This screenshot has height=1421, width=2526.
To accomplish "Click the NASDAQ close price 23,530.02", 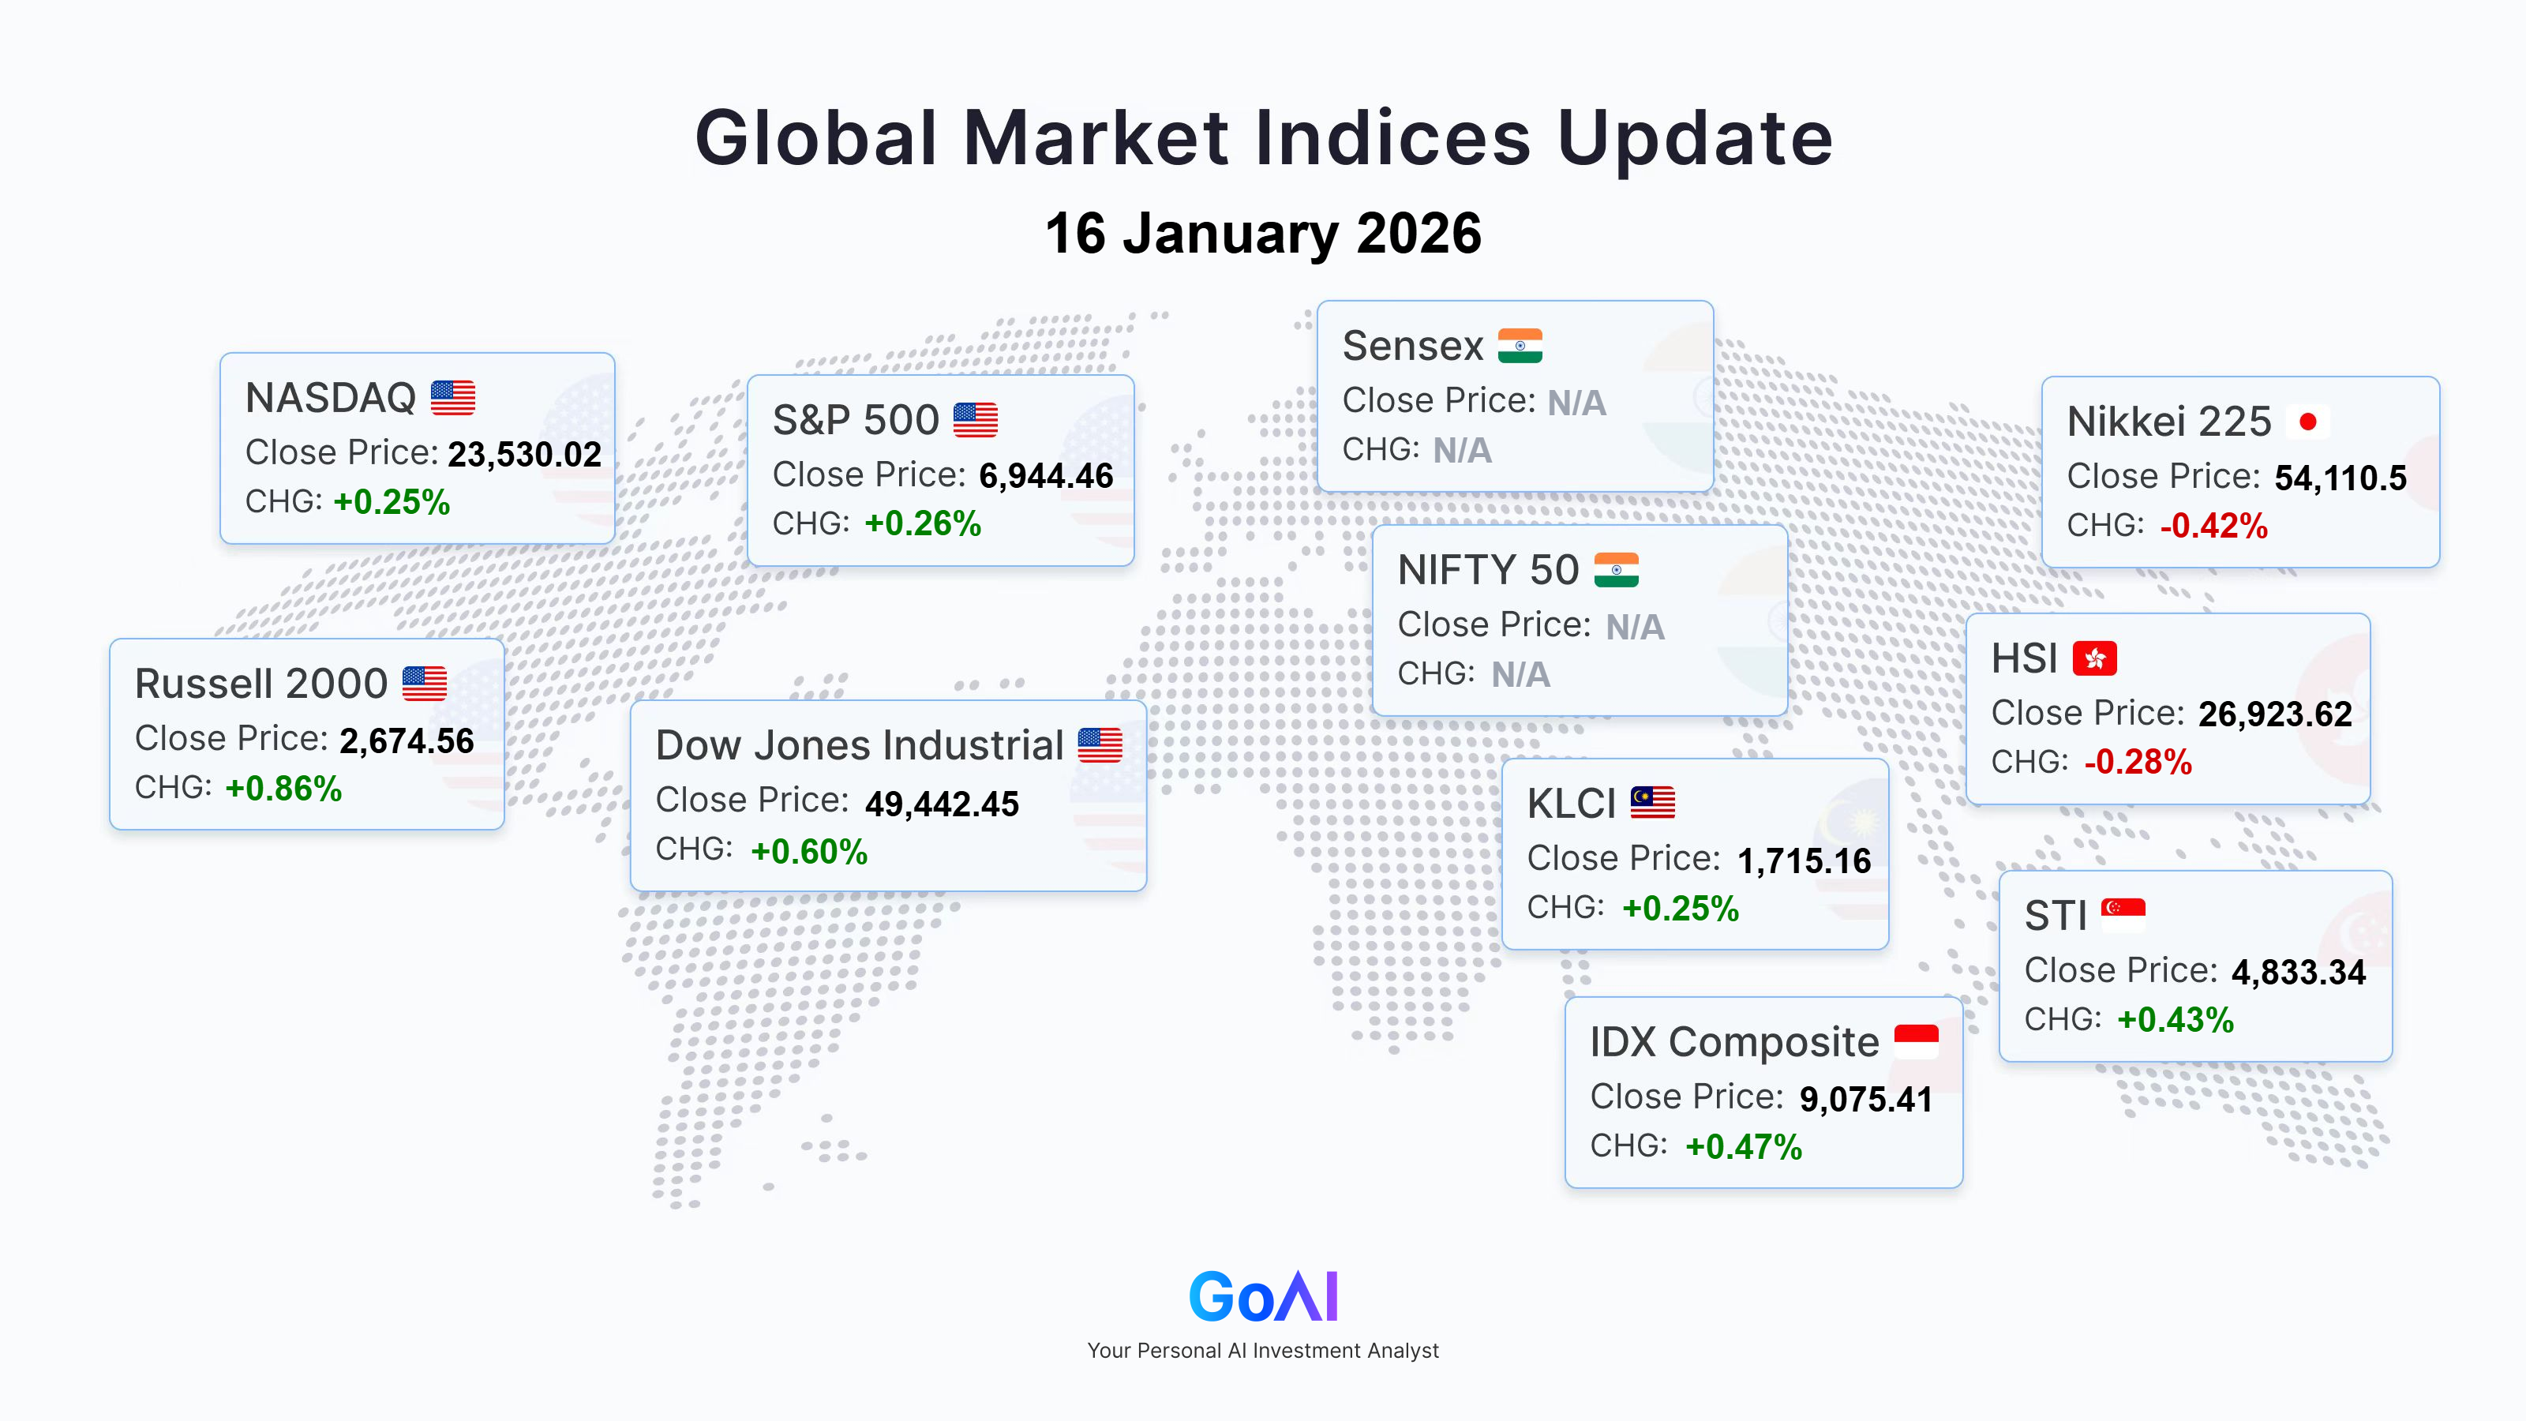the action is point(525,454).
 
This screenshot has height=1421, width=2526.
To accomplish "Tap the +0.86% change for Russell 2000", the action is point(283,789).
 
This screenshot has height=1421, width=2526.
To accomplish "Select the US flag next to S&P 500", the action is point(976,420).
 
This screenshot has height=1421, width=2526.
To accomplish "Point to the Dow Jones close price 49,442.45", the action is point(942,804).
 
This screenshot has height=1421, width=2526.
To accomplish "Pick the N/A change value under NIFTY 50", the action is point(1521,675).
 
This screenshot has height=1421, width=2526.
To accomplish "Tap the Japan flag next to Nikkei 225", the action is point(2308,422).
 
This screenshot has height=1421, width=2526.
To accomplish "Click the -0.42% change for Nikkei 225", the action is point(2214,526).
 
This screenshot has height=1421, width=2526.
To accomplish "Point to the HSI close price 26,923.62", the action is point(2275,714).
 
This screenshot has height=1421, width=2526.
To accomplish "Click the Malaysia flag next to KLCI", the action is point(1653,802).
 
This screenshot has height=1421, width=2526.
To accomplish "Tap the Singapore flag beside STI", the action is point(2123,914).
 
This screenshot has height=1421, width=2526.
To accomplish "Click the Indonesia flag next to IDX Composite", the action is point(1916,1040).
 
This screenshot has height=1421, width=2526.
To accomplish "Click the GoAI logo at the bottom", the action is point(1263,1296).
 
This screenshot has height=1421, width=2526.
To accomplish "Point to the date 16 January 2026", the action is point(1263,234).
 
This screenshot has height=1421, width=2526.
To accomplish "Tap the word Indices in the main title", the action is point(1392,137).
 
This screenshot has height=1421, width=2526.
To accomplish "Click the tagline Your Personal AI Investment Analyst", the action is point(1263,1351).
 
